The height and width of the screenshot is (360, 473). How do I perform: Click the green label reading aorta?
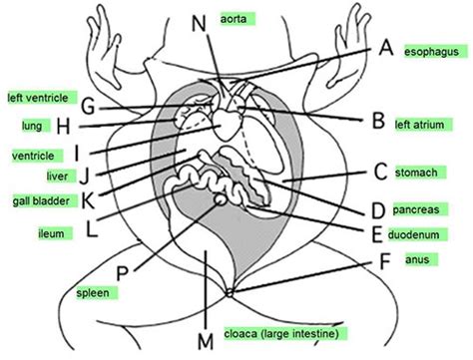pyautogui.click(x=237, y=19)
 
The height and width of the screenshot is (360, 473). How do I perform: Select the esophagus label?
pyautogui.click(x=436, y=52)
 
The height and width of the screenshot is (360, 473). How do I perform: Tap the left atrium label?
pyautogui.click(x=424, y=125)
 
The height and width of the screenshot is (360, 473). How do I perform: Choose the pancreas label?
pyautogui.click(x=420, y=209)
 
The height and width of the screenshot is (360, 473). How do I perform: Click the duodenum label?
pyautogui.click(x=418, y=234)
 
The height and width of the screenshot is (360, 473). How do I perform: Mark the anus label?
pyautogui.click(x=421, y=259)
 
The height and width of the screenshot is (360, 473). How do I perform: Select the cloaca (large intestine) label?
pyautogui.click(x=285, y=333)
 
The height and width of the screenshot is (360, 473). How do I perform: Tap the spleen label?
pyautogui.click(x=97, y=293)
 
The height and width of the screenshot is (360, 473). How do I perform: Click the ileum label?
pyautogui.click(x=55, y=233)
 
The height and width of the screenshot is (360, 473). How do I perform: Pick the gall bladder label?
pyautogui.click(x=45, y=200)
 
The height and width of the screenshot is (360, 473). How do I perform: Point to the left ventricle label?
pyautogui.click(x=42, y=98)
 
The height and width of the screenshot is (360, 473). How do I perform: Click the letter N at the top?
pyautogui.click(x=199, y=23)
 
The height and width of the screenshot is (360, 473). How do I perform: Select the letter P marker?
pyautogui.click(x=123, y=273)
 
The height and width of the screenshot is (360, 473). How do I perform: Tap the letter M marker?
pyautogui.click(x=206, y=341)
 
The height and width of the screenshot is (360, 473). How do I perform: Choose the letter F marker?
pyautogui.click(x=384, y=261)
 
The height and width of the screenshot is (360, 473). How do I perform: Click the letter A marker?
pyautogui.click(x=386, y=48)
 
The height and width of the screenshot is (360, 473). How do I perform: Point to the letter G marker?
pyautogui.click(x=89, y=107)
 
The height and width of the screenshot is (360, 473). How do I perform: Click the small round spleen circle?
pyautogui.click(x=220, y=199)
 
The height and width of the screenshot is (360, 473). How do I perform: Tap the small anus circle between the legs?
pyautogui.click(x=230, y=293)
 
